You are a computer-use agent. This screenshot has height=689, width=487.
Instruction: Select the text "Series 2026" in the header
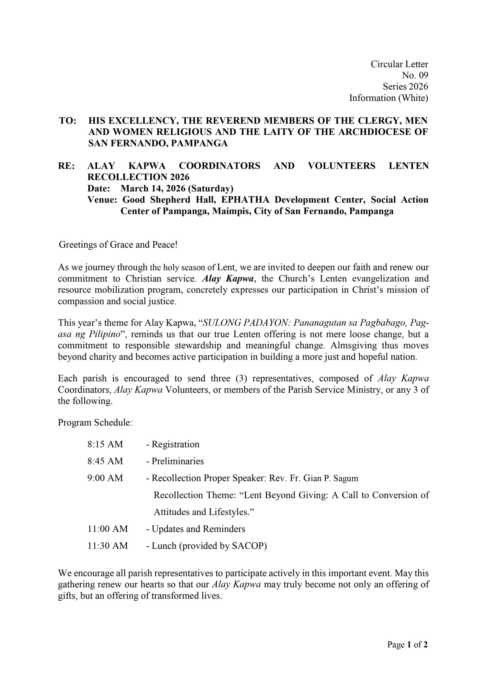tap(405, 86)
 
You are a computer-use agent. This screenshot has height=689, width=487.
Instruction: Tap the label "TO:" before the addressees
tap(67, 121)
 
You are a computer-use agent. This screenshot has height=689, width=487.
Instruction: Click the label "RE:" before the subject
tap(66, 166)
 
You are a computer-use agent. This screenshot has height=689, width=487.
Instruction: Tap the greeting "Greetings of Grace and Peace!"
tap(118, 245)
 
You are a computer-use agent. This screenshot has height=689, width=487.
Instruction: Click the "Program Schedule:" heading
tap(95, 423)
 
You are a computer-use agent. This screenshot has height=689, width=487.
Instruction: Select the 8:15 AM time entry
tap(105, 444)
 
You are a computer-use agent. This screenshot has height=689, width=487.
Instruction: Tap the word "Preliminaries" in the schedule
tap(177, 461)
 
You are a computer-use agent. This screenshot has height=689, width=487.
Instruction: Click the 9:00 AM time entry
tap(105, 478)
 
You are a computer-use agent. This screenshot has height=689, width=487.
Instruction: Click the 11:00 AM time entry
tap(108, 529)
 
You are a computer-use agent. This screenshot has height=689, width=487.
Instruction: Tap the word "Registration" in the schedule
tap(175, 444)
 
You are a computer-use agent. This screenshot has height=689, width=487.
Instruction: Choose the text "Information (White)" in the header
tap(389, 98)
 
